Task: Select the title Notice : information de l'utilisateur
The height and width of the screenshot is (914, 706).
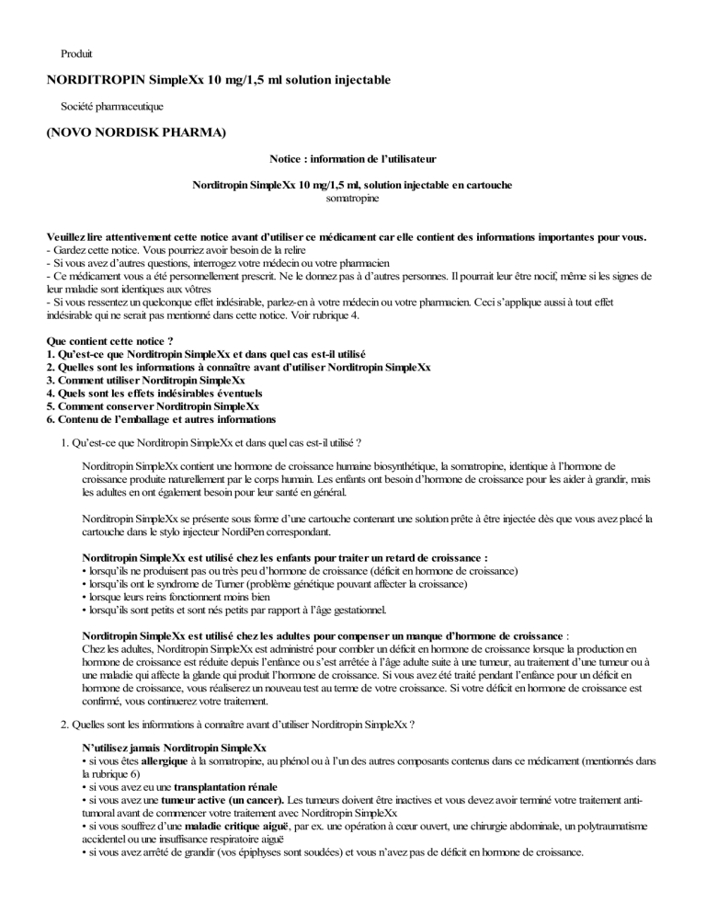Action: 352,159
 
